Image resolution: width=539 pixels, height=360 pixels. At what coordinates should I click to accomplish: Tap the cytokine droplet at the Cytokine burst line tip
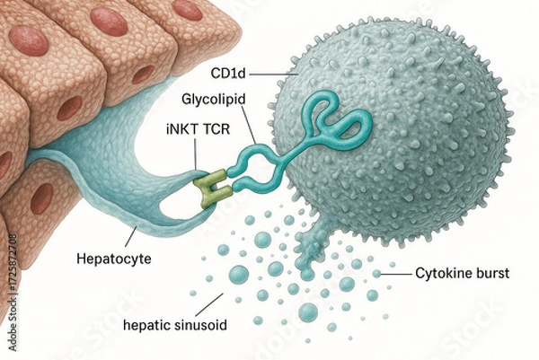pos(377,271)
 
